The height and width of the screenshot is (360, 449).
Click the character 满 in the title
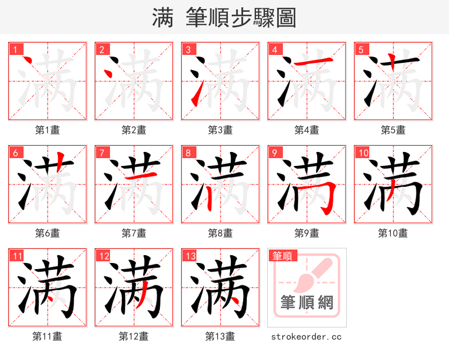pyautogui.click(x=163, y=18)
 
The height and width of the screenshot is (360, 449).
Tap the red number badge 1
pyautogui.click(x=15, y=49)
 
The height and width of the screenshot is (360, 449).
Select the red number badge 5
pyautogui.click(x=360, y=49)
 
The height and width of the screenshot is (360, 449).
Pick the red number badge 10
pyautogui.click(x=363, y=153)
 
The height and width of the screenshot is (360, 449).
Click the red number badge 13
pyautogui.click(x=190, y=256)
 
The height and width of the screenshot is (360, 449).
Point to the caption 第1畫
pyautogui.click(x=48, y=130)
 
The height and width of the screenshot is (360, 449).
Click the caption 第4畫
pyautogui.click(x=307, y=130)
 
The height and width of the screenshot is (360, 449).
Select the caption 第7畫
pyautogui.click(x=134, y=233)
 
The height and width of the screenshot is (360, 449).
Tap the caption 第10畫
pyautogui.click(x=393, y=233)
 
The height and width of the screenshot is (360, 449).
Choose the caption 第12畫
pyautogui.click(x=134, y=336)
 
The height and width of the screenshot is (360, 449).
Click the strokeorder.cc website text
pyautogui.click(x=306, y=337)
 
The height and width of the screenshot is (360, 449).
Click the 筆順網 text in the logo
pyautogui.click(x=307, y=303)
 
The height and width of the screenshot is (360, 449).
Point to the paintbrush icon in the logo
pyautogui.click(x=308, y=275)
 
